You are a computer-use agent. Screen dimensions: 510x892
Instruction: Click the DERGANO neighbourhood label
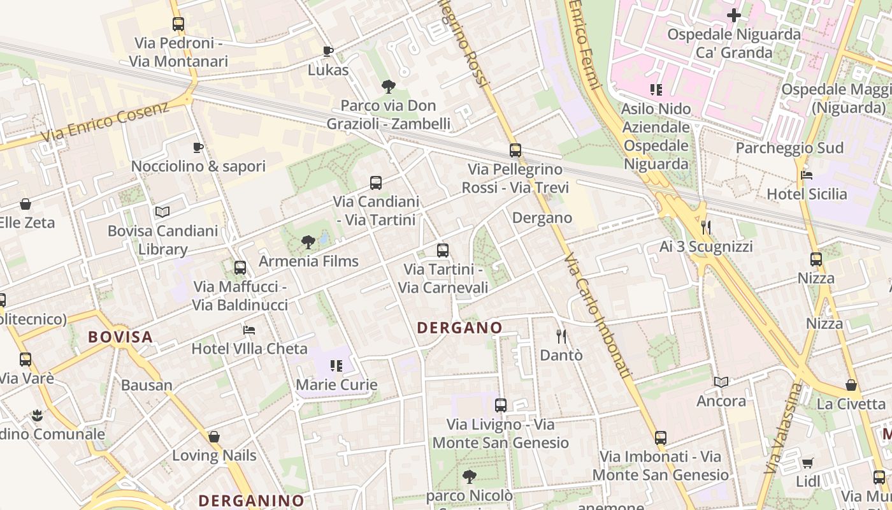pos(459,328)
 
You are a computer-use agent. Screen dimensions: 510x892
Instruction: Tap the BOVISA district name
pos(120,337)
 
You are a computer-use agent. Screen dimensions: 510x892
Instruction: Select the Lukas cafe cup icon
pos(328,51)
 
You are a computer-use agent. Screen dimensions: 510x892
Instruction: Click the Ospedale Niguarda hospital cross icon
pos(734,15)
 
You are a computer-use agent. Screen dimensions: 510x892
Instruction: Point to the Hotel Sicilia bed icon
pos(806,175)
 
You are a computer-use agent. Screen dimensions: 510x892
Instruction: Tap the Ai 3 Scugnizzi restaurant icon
pos(705,228)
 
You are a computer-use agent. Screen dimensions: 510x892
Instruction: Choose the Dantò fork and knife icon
pos(561,336)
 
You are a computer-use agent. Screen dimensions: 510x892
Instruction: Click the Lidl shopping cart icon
pos(807,463)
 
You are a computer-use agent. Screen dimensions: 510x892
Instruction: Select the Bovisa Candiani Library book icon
pos(162,212)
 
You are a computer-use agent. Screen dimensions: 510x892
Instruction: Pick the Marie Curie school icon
pos(336,366)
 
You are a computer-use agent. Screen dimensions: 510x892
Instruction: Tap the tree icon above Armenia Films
pos(308,242)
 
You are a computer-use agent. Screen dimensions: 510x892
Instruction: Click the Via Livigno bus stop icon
pos(500,405)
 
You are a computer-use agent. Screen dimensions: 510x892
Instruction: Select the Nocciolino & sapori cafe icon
pos(198,148)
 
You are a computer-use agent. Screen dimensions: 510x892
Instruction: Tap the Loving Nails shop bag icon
pos(214,437)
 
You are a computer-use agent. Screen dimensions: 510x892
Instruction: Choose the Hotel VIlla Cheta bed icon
pos(249,330)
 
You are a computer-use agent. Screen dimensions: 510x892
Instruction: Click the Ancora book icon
pos(721,382)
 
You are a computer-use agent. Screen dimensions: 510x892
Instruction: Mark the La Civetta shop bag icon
pos(851,386)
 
